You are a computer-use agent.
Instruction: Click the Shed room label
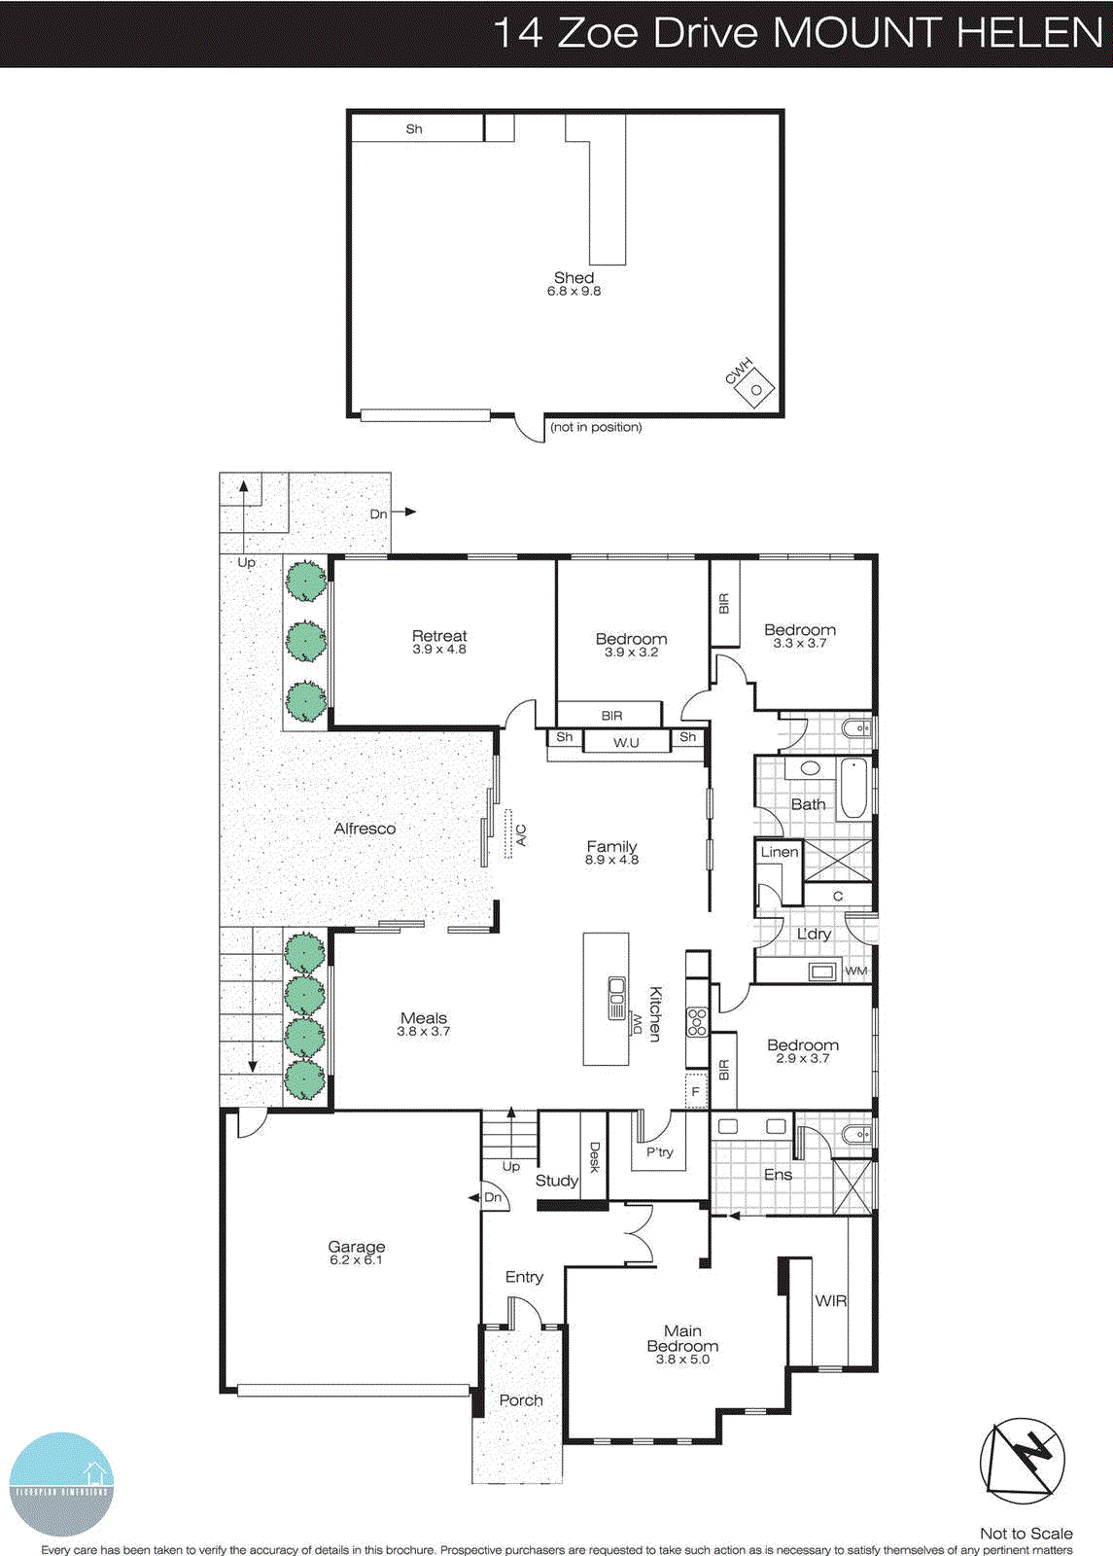click(x=574, y=278)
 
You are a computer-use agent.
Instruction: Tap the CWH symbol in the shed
click(x=754, y=390)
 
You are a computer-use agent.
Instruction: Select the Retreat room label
click(x=439, y=636)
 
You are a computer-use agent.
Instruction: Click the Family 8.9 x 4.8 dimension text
click(x=611, y=861)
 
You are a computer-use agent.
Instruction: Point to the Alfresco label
click(x=365, y=829)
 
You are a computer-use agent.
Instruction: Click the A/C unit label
click(x=521, y=834)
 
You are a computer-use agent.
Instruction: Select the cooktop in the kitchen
click(x=697, y=1021)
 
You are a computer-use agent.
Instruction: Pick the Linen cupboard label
click(x=779, y=852)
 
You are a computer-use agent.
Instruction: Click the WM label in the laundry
click(x=855, y=971)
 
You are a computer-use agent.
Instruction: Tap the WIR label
click(x=830, y=1300)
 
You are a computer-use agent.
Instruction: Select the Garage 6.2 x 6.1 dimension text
click(x=356, y=1260)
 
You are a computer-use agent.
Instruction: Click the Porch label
click(x=521, y=1400)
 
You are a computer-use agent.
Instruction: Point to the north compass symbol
click(x=1023, y=1456)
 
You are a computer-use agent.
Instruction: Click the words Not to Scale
click(x=1026, y=1534)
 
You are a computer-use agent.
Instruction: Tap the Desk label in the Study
click(x=595, y=1156)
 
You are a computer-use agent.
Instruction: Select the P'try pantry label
click(x=660, y=1152)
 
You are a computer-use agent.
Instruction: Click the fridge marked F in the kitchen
click(x=696, y=1090)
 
